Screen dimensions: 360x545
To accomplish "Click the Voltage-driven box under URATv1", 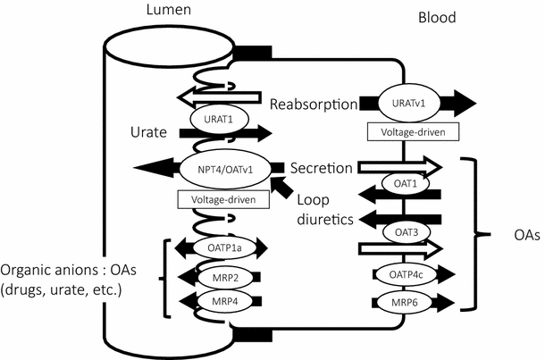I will click(412, 132).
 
